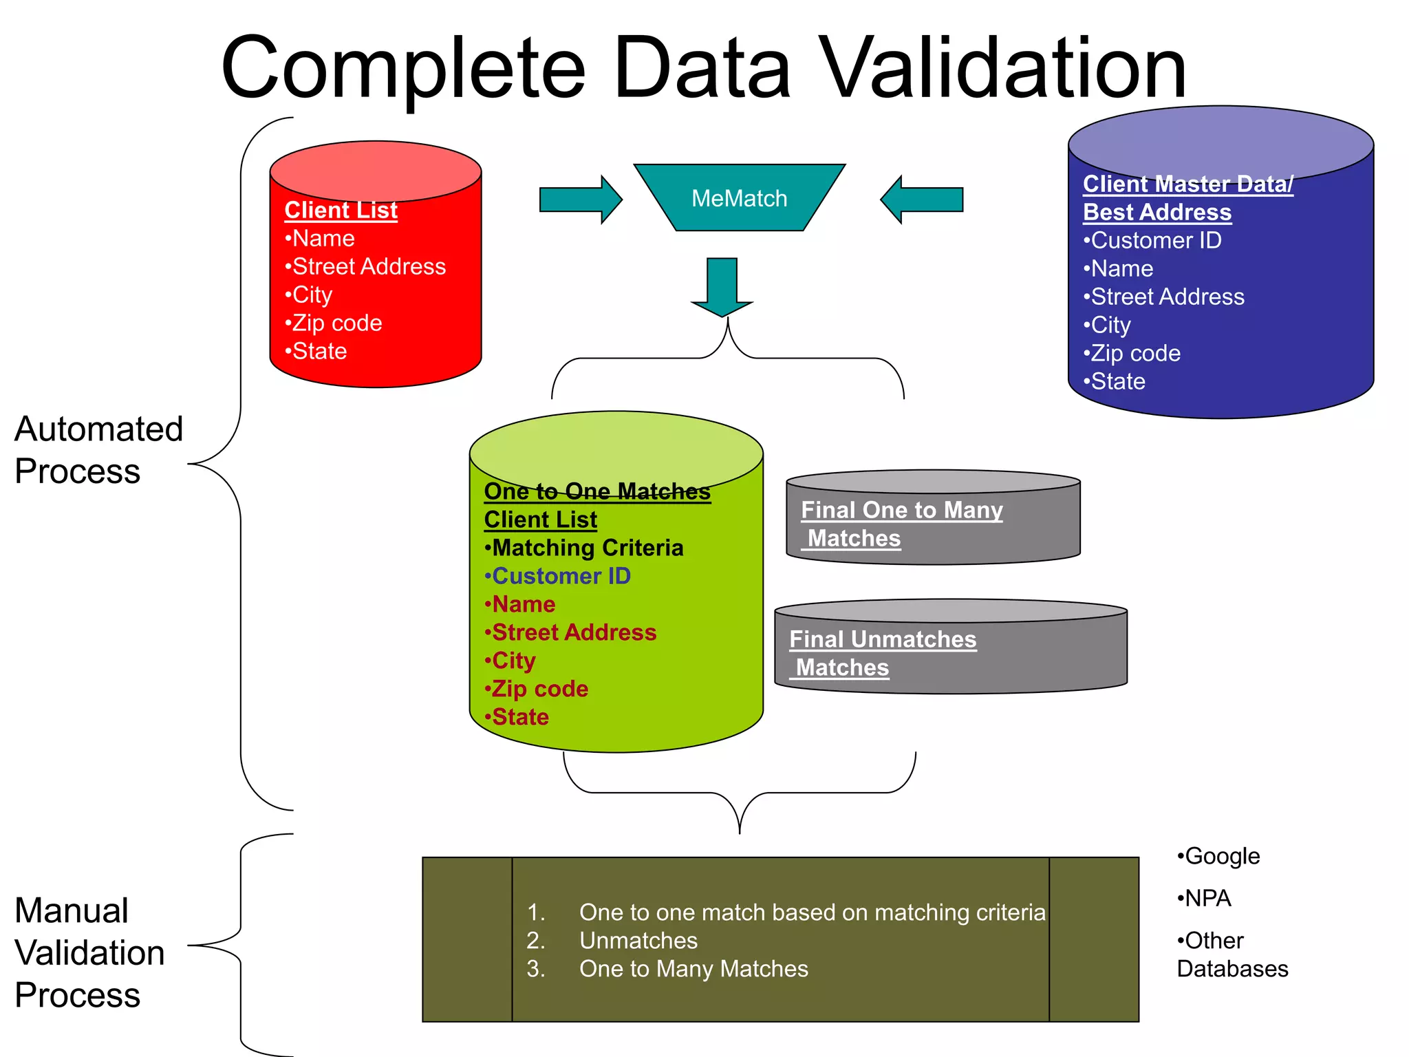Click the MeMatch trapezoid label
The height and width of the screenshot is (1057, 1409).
pyautogui.click(x=739, y=198)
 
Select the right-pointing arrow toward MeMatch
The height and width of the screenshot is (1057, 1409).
pyautogui.click(x=580, y=200)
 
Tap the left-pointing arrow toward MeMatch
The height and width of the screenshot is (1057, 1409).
pyautogui.click(x=922, y=200)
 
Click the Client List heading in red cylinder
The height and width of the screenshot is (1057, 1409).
pyautogui.click(x=341, y=210)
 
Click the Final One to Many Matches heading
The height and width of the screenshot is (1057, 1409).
pyautogui.click(x=901, y=524)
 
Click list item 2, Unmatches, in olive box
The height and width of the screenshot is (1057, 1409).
pyautogui.click(x=637, y=940)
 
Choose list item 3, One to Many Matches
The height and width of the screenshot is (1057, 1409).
pyautogui.click(x=693, y=969)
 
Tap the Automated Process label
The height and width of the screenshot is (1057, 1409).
pyautogui.click(x=98, y=450)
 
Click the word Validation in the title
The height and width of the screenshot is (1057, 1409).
pyautogui.click(x=1004, y=69)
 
